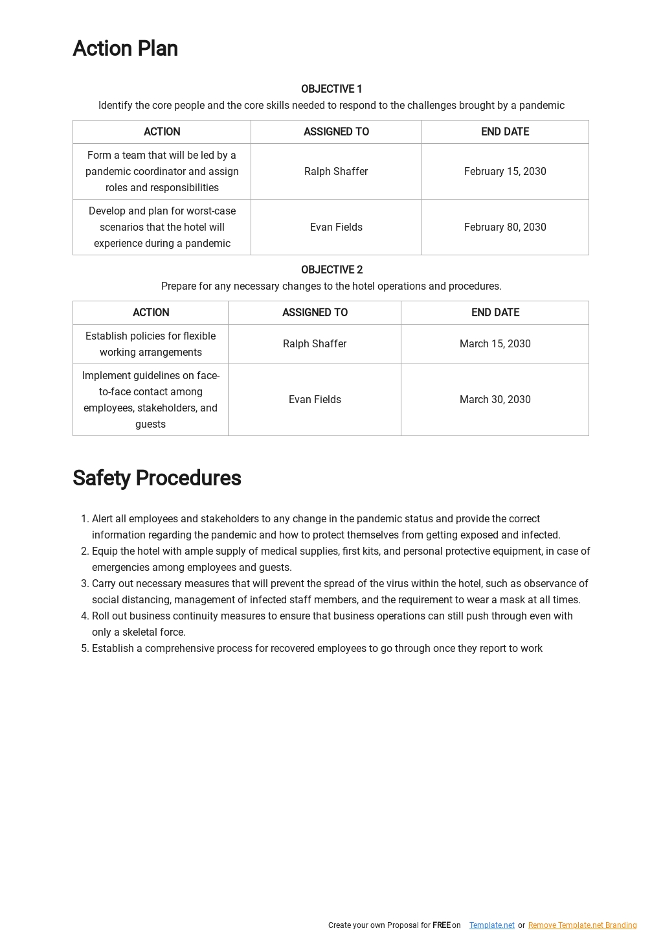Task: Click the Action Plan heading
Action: pyautogui.click(x=125, y=49)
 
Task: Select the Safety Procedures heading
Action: pyautogui.click(x=157, y=478)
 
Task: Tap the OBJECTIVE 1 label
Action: pyautogui.click(x=331, y=89)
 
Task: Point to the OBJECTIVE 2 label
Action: pyautogui.click(x=331, y=270)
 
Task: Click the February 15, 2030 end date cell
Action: pyautogui.click(x=505, y=172)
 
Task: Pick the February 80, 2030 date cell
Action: pyautogui.click(x=505, y=227)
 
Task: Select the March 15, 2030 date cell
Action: pyautogui.click(x=495, y=344)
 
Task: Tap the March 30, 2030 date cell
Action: pyautogui.click(x=495, y=400)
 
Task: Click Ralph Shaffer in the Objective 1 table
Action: pyautogui.click(x=336, y=172)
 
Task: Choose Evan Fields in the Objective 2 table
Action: pyautogui.click(x=315, y=400)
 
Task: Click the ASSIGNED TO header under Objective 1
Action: pyautogui.click(x=336, y=132)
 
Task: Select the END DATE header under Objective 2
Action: pyautogui.click(x=495, y=313)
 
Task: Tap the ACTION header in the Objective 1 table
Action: pyautogui.click(x=162, y=132)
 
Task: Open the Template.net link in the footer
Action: pyautogui.click(x=492, y=925)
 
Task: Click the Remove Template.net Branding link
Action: pyautogui.click(x=582, y=925)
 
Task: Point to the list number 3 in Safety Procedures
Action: pyautogui.click(x=84, y=584)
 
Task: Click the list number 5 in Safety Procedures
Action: pyautogui.click(x=84, y=649)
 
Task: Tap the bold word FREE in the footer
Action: pyautogui.click(x=442, y=925)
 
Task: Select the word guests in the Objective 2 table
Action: pyautogui.click(x=150, y=424)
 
